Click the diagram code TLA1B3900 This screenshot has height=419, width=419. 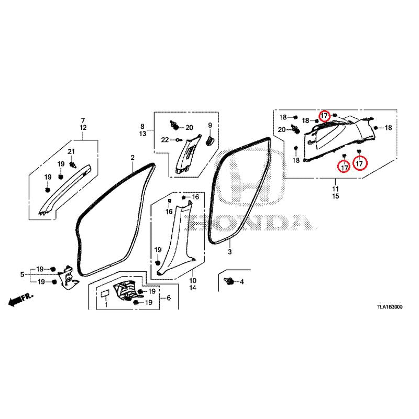390,307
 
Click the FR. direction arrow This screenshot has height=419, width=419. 21,300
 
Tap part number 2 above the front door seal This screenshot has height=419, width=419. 133,158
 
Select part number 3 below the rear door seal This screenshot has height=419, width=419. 229,252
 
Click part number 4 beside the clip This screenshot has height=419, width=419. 241,282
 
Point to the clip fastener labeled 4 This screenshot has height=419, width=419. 229,281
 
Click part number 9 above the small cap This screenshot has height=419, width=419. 210,125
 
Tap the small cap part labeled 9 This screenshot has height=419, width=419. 210,140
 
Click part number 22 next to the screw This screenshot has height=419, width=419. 165,139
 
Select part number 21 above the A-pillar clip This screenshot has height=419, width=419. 71,151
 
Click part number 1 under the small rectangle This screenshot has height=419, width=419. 106,304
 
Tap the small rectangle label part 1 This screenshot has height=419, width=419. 105,293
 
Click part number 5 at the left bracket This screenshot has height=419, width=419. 22,274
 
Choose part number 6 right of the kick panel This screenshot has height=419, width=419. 169,297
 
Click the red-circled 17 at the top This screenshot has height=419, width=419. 324,116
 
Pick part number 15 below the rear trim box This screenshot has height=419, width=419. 336,196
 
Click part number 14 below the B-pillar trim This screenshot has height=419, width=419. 193,288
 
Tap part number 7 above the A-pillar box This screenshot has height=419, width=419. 83,120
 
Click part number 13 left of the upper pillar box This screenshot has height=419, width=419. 142,134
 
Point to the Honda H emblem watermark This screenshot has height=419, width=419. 250,177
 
